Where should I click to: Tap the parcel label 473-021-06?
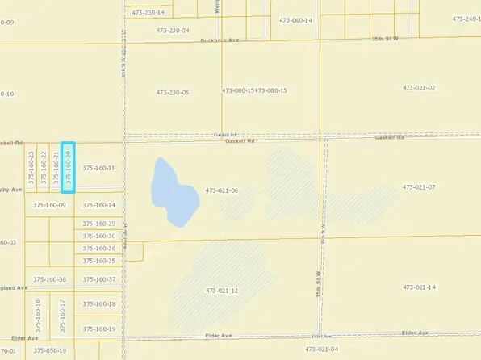222,190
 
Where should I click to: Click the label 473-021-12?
222,290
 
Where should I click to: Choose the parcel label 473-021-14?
419,287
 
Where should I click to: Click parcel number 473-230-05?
172,92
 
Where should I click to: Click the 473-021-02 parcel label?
419,87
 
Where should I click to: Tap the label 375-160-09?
49,205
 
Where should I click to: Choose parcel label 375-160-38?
50,279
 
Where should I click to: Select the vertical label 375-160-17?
62,315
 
